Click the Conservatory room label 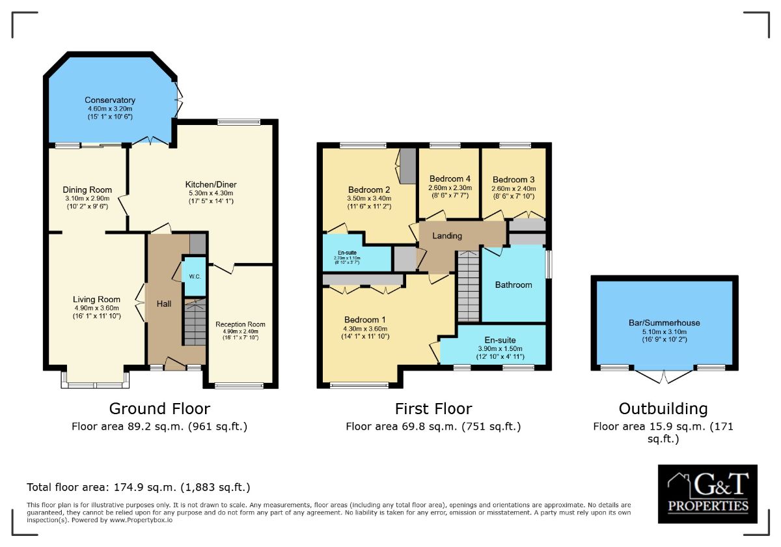[109, 100]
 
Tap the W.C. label [194, 276]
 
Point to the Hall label [163, 304]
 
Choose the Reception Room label [240, 324]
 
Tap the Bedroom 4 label [449, 179]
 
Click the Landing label [447, 236]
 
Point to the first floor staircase [467, 287]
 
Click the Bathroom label [513, 285]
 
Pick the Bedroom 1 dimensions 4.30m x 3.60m [365, 329]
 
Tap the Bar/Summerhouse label [664, 323]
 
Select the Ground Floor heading [159, 409]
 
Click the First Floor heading [433, 409]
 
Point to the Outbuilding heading [663, 409]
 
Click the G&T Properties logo [707, 493]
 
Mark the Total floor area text [138, 487]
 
